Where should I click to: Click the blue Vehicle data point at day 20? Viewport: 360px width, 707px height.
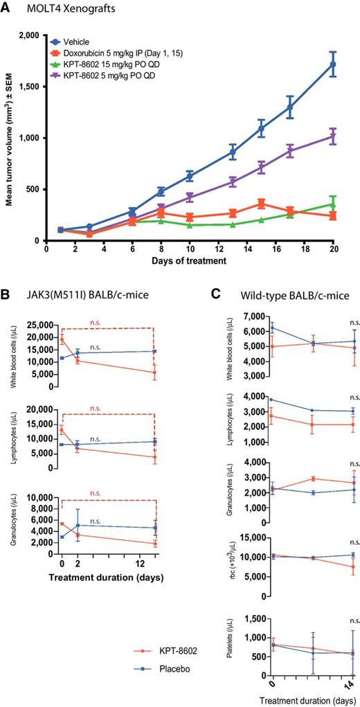333,64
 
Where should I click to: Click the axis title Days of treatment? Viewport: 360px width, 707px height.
190,261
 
